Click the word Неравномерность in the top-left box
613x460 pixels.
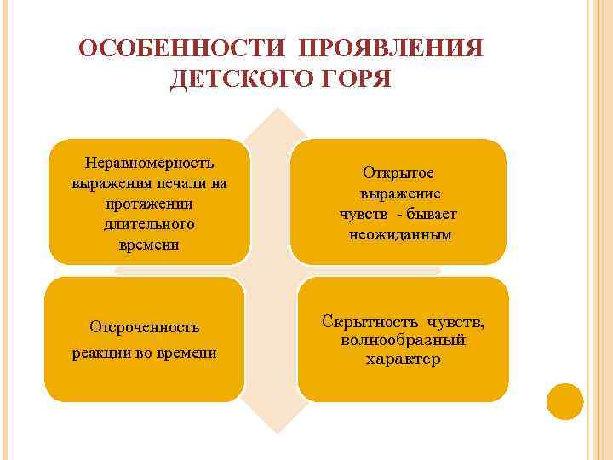tap(149, 162)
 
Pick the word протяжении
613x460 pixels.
tap(149, 203)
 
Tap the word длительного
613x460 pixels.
tap(149, 223)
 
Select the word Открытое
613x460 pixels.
tap(398, 172)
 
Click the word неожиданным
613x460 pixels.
tap(398, 233)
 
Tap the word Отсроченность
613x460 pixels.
tap(145, 326)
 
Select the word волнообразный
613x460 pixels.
tap(403, 340)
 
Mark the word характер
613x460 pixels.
tap(403, 359)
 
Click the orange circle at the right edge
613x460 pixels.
tap(564, 401)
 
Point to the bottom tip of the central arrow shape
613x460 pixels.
tap(275, 436)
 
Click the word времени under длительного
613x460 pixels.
tap(149, 244)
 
